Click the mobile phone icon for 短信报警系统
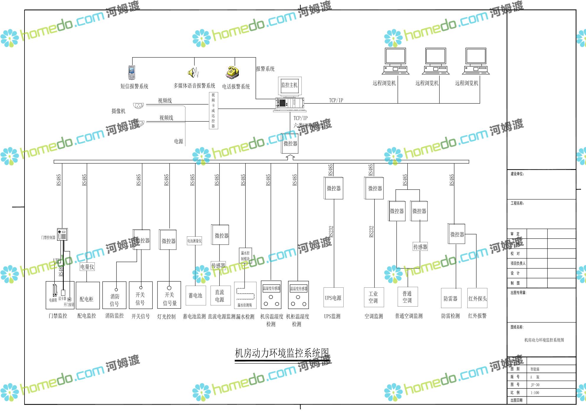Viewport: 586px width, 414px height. click(x=132, y=72)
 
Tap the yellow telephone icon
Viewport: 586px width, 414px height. click(x=233, y=73)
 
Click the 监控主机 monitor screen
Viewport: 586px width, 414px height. click(x=290, y=86)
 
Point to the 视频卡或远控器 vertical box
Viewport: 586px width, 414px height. click(x=213, y=110)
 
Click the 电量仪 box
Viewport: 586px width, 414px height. click(x=87, y=267)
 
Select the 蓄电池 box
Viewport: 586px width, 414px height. click(x=195, y=296)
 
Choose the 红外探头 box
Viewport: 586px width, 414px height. click(x=477, y=299)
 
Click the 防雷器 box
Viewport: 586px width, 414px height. click(x=450, y=299)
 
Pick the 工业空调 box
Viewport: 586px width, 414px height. click(x=373, y=297)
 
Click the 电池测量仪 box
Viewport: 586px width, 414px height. click(x=194, y=241)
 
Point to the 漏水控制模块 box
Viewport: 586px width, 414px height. click(x=245, y=256)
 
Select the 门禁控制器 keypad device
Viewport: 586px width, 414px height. click(x=62, y=235)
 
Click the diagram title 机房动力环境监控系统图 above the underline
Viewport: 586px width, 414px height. click(x=282, y=353)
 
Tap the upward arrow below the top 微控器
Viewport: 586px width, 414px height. click(x=290, y=157)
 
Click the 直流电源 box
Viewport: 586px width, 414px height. click(x=220, y=296)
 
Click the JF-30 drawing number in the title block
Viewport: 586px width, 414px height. click(x=535, y=385)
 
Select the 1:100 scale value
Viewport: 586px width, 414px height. click(x=535, y=393)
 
